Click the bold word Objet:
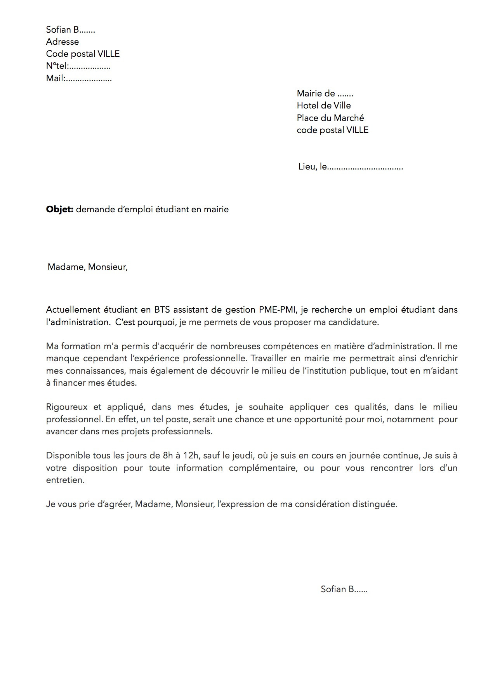point(59,210)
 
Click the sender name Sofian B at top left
point(70,30)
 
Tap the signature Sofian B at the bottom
point(344,589)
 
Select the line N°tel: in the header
point(78,66)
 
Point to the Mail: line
point(79,79)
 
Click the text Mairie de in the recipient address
point(325,93)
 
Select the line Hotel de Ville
point(323,105)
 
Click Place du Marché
point(330,118)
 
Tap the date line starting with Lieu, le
point(350,167)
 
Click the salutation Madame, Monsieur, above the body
point(87,267)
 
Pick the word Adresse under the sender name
point(62,42)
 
